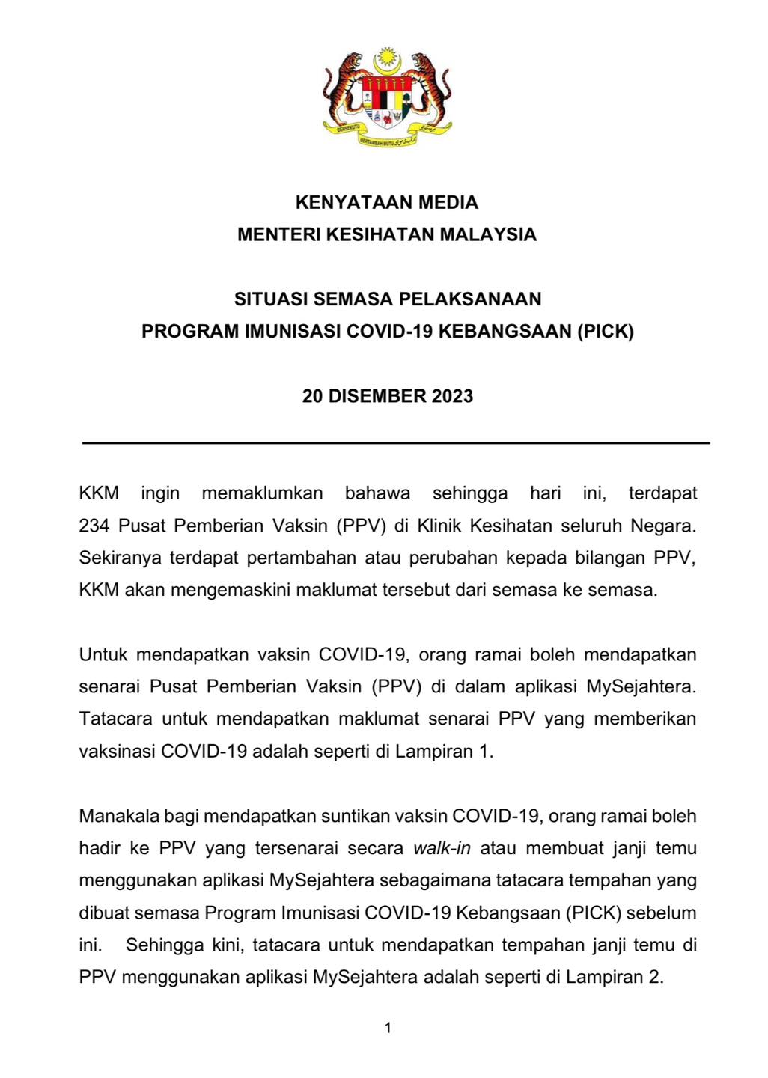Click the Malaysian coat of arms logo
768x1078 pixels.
click(387, 98)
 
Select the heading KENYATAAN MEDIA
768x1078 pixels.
click(387, 202)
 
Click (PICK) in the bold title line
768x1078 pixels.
click(604, 332)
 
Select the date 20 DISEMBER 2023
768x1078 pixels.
click(388, 396)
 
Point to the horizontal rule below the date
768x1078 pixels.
click(395, 443)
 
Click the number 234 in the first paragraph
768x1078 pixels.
click(94, 526)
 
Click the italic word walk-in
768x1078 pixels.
click(442, 848)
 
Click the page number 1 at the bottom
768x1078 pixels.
click(388, 1029)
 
